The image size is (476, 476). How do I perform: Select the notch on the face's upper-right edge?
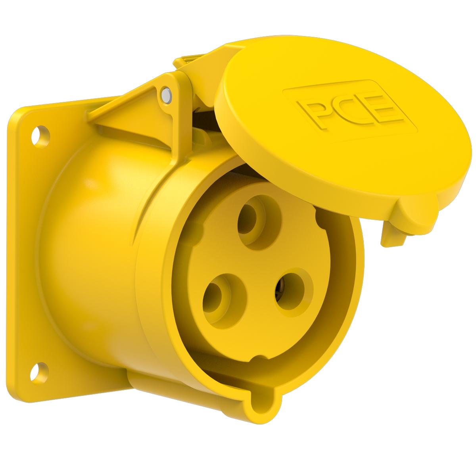(319, 216)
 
